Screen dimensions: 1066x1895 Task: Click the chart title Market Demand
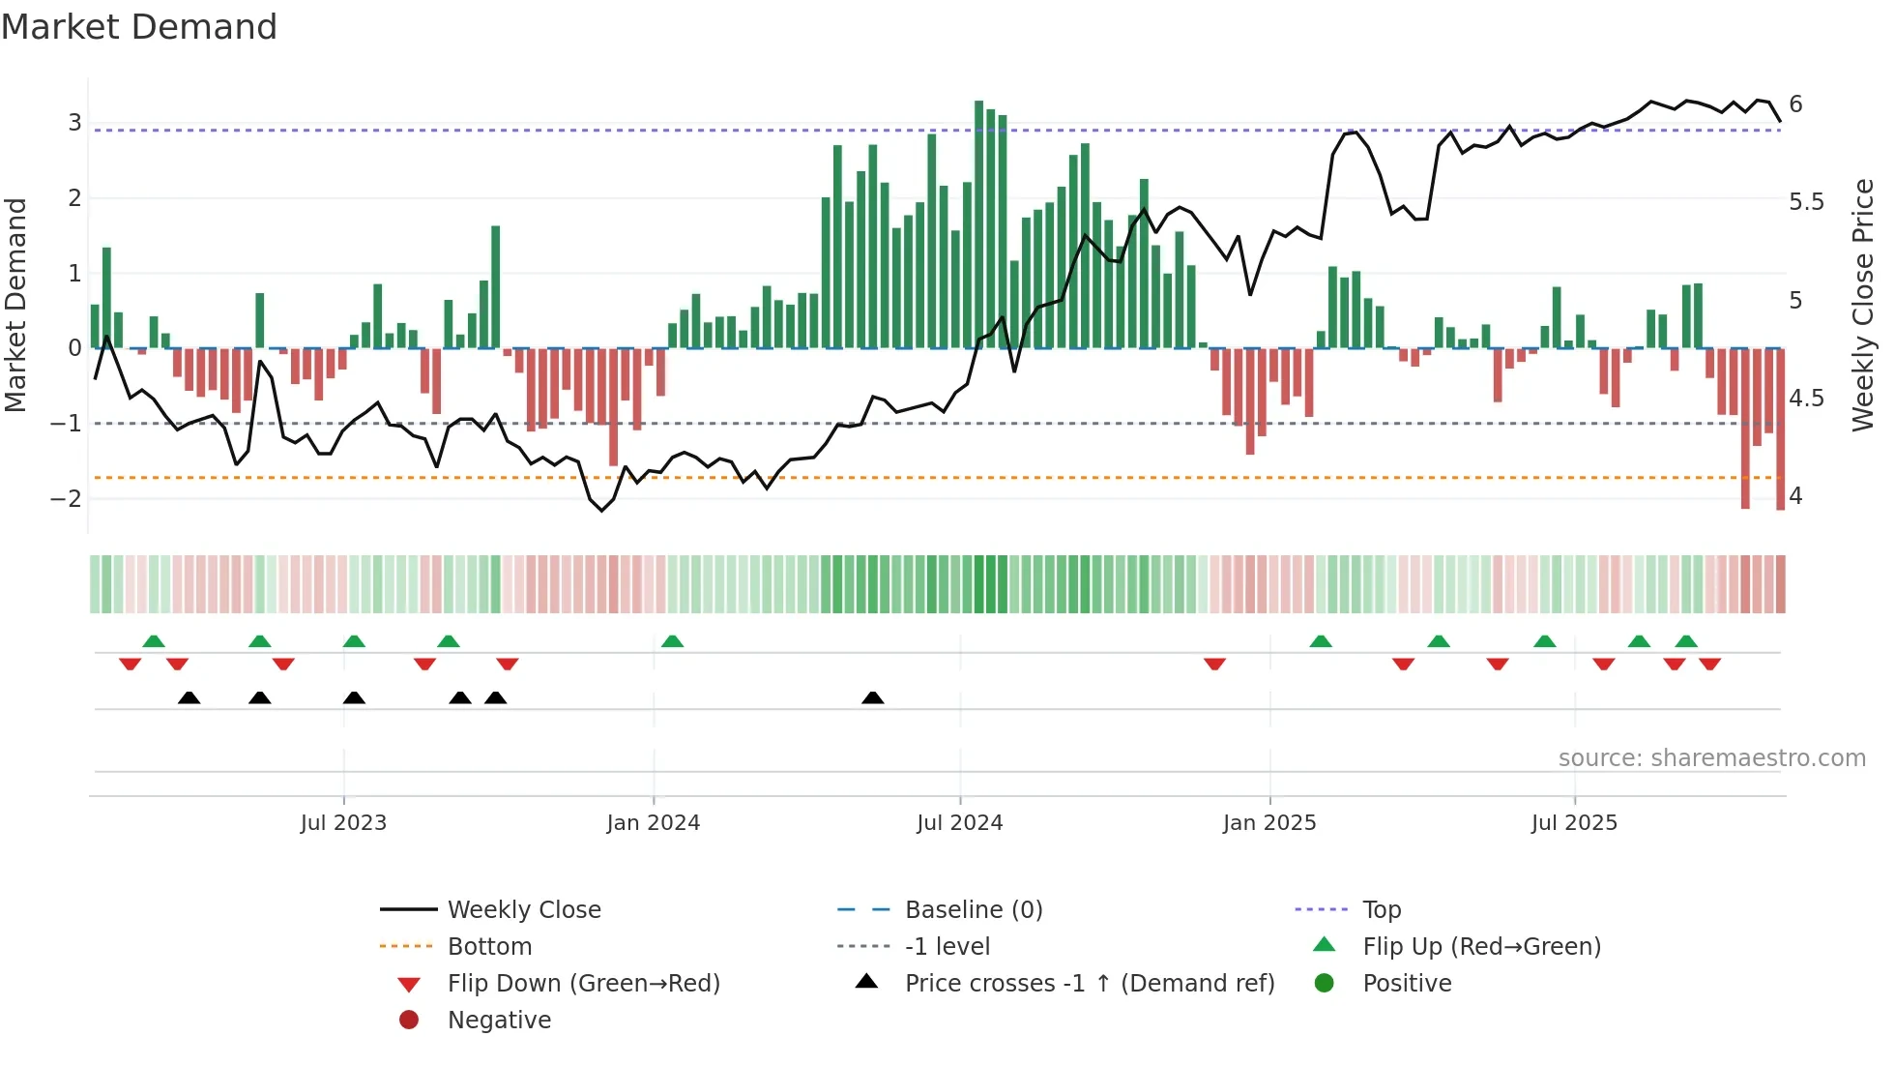pyautogui.click(x=139, y=27)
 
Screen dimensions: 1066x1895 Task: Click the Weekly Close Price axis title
pyautogui.click(x=1862, y=305)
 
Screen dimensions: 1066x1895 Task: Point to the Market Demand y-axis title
pyautogui.click(x=15, y=305)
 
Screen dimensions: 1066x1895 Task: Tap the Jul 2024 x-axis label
pyautogui.click(x=959, y=823)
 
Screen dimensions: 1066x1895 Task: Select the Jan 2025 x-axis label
pyautogui.click(x=1268, y=823)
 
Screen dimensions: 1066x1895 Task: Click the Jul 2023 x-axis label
pyautogui.click(x=343, y=823)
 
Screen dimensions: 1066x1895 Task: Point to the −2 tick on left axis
pyautogui.click(x=67, y=498)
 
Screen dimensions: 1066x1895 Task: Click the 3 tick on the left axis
pyautogui.click(x=74, y=123)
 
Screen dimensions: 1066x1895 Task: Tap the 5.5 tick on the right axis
pyautogui.click(x=1806, y=202)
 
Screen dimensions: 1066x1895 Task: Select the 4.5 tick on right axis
pyautogui.click(x=1806, y=399)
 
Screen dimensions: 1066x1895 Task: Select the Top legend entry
pyautogui.click(x=1381, y=910)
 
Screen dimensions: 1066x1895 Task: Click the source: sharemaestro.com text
pyautogui.click(x=1711, y=758)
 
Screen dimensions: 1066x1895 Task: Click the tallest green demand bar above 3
pyautogui.click(x=978, y=222)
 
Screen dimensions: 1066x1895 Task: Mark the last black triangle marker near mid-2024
pyautogui.click(x=872, y=698)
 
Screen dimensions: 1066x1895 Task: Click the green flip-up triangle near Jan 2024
pyautogui.click(x=672, y=641)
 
